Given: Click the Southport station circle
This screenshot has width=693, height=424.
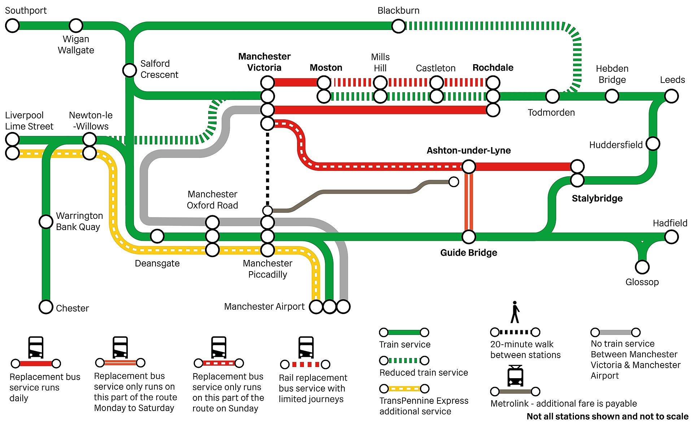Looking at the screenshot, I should pos(12,26).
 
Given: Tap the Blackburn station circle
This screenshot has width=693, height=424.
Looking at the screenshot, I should pos(398,26).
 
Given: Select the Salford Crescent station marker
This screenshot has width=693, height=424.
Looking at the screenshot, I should pos(130,70).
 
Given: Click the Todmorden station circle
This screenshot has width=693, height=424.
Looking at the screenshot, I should pos(552,96).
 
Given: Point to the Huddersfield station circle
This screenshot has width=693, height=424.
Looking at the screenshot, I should pos(653,143).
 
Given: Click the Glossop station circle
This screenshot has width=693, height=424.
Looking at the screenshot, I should pos(642,267).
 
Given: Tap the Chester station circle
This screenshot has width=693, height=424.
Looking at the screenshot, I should pos(46,307).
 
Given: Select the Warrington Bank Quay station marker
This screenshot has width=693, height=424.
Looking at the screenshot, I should pos(46,221).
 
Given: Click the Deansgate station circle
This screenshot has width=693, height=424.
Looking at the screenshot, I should pos(157,236).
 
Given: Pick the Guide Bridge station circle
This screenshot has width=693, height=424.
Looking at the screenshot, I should pos(469,237).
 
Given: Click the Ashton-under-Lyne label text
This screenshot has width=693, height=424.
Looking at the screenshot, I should pos(468,150).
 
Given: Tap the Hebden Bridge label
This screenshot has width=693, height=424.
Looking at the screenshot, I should pos(612,74).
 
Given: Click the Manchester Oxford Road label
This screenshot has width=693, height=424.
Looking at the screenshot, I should pos(212,199).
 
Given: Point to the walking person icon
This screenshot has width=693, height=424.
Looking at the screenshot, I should pos(515,312).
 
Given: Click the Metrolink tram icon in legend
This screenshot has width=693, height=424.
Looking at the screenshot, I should pos(515,376).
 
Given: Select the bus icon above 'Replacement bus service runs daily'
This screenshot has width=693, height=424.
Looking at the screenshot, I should pos(36,348).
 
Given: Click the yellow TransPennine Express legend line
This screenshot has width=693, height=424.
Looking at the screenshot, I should pos(404,389).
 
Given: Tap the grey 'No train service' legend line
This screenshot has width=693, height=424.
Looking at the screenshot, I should pos(615,332).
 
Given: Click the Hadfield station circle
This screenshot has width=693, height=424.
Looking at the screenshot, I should pos(671,237).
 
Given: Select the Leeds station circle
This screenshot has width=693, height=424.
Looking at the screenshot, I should pos(671,96).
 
